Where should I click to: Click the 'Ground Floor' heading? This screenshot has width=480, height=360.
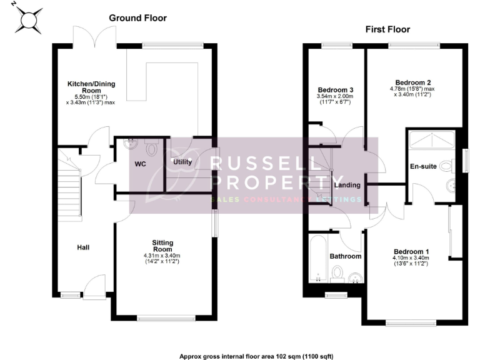(x=137, y=18)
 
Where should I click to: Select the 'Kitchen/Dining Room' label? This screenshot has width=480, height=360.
(x=91, y=87)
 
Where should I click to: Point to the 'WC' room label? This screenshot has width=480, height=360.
(x=141, y=164)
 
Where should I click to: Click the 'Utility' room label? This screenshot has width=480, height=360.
(x=182, y=162)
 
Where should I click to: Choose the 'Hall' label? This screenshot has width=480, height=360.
(x=83, y=247)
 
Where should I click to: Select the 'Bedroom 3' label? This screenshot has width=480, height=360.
(x=336, y=89)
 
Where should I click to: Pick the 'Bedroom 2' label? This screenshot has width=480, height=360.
(x=413, y=82)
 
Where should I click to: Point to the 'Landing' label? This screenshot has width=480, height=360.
(x=346, y=185)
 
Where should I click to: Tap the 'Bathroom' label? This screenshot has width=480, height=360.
(x=346, y=256)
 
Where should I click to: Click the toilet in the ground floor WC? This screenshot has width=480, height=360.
(x=149, y=149)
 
